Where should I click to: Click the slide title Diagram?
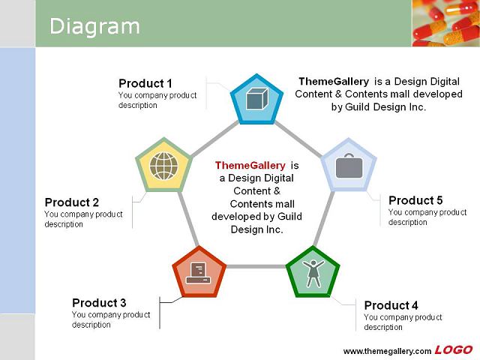(94, 27)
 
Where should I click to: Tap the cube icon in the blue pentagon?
(257, 98)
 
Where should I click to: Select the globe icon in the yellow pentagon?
(163, 166)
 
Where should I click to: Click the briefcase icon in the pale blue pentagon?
(349, 166)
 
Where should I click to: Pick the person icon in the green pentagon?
(313, 273)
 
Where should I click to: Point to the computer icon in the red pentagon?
(199, 273)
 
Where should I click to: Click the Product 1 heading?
(145, 83)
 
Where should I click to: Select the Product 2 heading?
(72, 202)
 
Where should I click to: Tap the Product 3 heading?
(99, 303)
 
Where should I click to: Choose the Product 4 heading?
(391, 305)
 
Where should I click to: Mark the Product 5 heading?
(415, 200)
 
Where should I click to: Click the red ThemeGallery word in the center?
(250, 165)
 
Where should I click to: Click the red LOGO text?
(454, 350)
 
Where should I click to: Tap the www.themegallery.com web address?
(387, 351)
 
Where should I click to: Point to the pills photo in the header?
(445, 23)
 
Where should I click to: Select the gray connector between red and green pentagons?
(256, 267)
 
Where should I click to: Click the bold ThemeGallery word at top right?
(334, 82)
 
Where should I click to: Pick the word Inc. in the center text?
(274, 229)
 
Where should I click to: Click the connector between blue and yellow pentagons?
(215, 139)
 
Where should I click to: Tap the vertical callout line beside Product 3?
(160, 313)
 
